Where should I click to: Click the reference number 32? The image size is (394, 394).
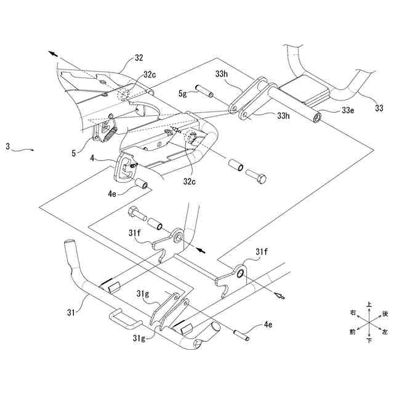(x=139, y=58)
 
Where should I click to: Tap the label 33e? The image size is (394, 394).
(x=349, y=111)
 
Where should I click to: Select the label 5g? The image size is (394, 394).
(x=183, y=94)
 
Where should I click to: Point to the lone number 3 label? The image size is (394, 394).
(x=7, y=147)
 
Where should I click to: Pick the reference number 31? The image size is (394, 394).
(x=70, y=312)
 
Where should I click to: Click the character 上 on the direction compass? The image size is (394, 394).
(x=369, y=304)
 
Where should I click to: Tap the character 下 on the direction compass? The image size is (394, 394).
(x=368, y=340)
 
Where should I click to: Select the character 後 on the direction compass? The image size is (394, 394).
(x=385, y=313)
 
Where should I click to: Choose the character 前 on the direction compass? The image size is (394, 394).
(x=352, y=332)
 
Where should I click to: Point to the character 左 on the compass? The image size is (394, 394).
(x=385, y=332)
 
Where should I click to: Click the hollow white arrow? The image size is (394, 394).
(x=279, y=295)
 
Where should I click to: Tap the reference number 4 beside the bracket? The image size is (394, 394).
(x=92, y=159)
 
